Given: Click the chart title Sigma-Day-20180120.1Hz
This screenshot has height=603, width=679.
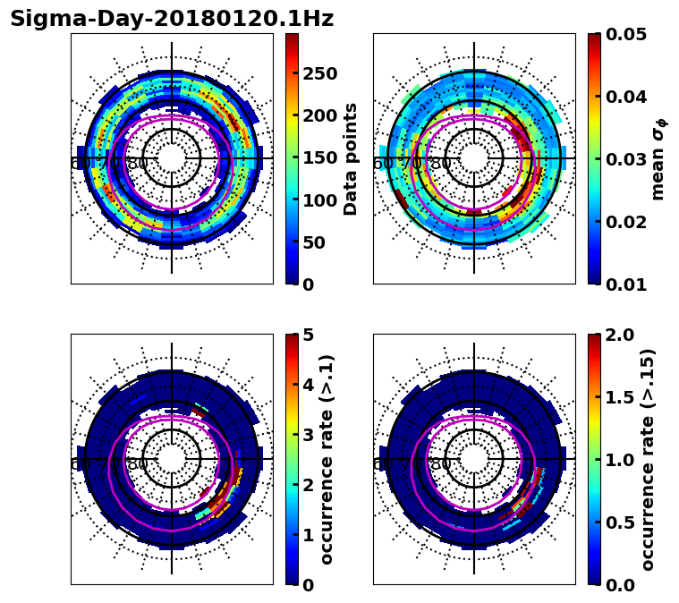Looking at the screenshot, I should (x=172, y=19).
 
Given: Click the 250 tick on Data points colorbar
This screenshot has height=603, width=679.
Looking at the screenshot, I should (x=319, y=73).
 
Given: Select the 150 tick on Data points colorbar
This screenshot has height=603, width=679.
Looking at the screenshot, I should (x=319, y=157).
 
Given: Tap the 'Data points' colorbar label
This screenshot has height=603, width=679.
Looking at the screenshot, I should (x=351, y=158).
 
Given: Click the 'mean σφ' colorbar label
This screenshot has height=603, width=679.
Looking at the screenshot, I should (x=658, y=159).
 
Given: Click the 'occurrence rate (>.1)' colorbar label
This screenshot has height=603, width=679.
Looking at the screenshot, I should (x=327, y=459).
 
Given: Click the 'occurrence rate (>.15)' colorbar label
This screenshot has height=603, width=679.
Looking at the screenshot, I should (x=648, y=459).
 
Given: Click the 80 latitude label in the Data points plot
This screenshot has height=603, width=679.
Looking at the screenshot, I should (x=138, y=164).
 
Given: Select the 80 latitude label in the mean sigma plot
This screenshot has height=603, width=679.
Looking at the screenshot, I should (x=441, y=164).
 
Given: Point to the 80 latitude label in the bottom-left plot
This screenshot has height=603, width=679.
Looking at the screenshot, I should (x=138, y=464).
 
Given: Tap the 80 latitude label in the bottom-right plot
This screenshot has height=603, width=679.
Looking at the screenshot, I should (x=441, y=464).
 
